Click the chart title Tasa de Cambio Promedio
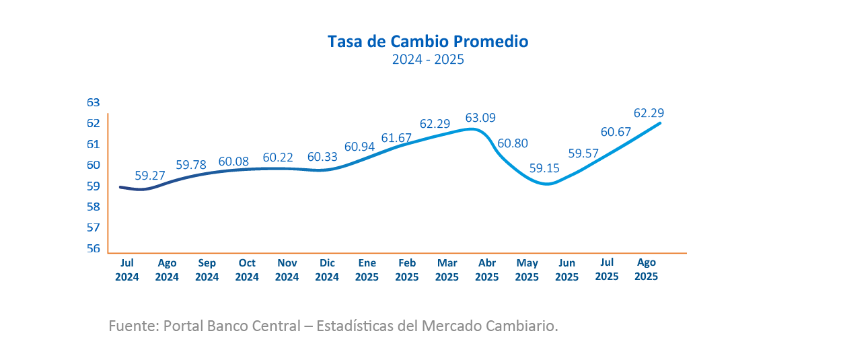coord(428,42)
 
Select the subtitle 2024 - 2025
coord(428,60)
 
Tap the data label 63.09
coord(480,118)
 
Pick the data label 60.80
coord(513,143)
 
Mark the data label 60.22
coord(279,157)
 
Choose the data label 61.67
coord(396,138)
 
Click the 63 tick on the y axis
coord(93,102)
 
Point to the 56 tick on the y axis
coord(93,248)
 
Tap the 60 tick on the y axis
coord(93,165)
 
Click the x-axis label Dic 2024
coord(327,270)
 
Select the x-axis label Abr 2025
coord(486,270)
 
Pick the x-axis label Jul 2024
coord(127,270)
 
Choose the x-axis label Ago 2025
coord(646,269)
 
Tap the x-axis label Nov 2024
coord(287,270)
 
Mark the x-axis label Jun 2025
coord(566,270)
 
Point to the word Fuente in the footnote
coord(131,326)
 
